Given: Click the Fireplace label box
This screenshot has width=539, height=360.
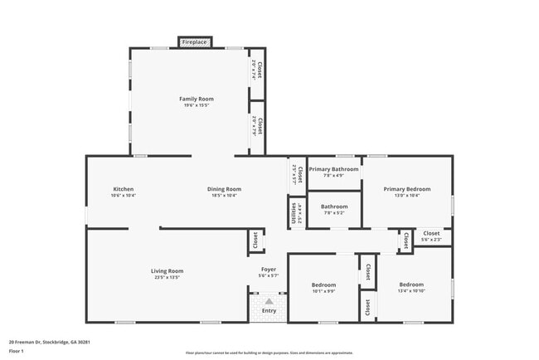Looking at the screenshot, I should pyautogui.click(x=195, y=41).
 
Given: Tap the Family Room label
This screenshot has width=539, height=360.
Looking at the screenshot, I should pyautogui.click(x=197, y=99).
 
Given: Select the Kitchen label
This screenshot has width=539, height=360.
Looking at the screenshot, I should pyautogui.click(x=124, y=189).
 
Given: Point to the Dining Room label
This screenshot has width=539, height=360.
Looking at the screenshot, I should pyautogui.click(x=224, y=189).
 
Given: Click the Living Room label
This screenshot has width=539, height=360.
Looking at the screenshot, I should pyautogui.click(x=167, y=271).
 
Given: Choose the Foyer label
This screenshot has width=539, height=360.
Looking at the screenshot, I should pyautogui.click(x=269, y=270).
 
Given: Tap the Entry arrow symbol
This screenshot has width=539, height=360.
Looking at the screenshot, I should pyautogui.click(x=268, y=302).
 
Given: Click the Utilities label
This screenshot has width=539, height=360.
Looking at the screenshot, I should pyautogui.click(x=294, y=213).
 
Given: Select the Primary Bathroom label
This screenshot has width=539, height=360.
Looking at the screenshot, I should pyautogui.click(x=333, y=169).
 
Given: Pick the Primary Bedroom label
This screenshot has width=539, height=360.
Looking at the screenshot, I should pyautogui.click(x=407, y=189).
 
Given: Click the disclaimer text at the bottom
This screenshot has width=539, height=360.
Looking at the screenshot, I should pyautogui.click(x=269, y=353).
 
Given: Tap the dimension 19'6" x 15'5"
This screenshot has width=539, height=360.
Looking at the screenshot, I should pyautogui.click(x=197, y=105).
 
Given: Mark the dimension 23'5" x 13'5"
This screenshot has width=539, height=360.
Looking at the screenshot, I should pyautogui.click(x=167, y=278).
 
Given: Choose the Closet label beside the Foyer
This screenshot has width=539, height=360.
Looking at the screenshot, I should pyautogui.click(x=254, y=241).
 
